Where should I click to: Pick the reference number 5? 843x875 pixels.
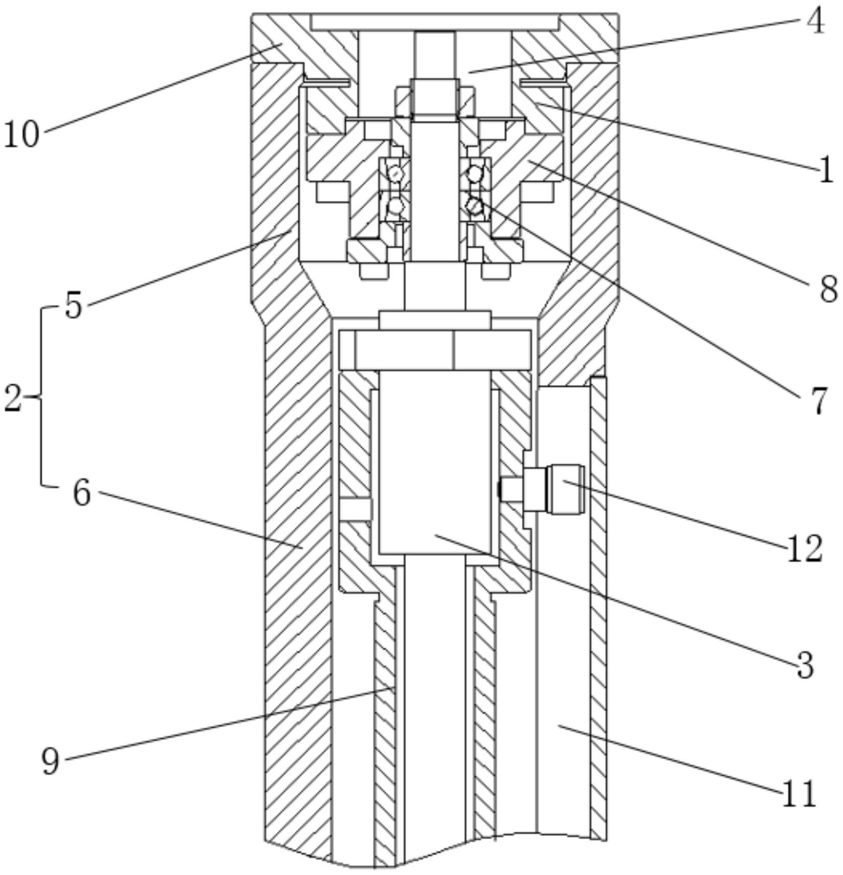coord(74,306)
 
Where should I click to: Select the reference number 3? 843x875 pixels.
coord(806,666)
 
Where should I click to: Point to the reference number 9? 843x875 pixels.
coord(51,762)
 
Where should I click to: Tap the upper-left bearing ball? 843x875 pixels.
coord(395,174)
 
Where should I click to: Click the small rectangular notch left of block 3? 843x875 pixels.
coord(355,509)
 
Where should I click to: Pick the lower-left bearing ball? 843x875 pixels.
coord(395,206)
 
